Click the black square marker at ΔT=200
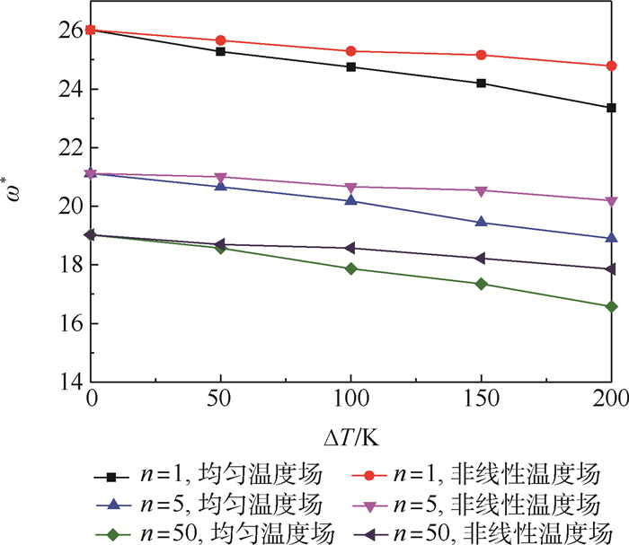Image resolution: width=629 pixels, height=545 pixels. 612,108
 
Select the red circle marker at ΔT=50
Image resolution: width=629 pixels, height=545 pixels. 220,40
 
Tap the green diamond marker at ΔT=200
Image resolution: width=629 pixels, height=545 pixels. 612,306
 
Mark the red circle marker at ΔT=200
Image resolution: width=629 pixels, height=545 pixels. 612,66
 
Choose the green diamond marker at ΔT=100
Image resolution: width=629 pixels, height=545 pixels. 351,268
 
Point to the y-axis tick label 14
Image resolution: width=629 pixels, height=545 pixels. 70,382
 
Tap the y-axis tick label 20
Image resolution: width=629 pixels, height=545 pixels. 70,207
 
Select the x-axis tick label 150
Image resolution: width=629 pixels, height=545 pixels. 482,400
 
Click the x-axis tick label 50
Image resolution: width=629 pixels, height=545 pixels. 220,400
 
